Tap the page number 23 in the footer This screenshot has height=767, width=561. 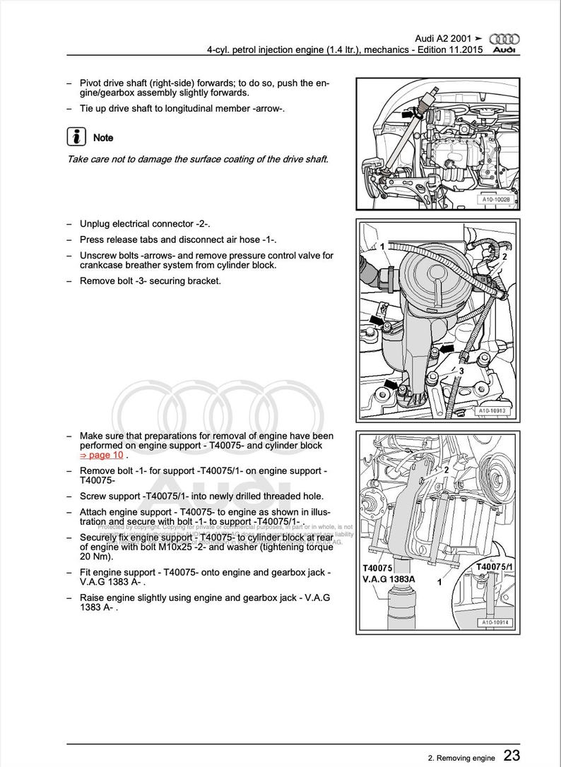[512, 756]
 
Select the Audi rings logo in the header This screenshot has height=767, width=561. [504, 40]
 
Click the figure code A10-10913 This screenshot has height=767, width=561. [492, 410]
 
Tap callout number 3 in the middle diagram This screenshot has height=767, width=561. [461, 370]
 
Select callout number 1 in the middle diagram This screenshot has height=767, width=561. [382, 246]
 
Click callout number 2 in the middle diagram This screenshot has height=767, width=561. [504, 258]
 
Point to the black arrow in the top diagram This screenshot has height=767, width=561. [408, 112]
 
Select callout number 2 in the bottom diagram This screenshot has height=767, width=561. [446, 468]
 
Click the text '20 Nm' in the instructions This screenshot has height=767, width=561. [95, 557]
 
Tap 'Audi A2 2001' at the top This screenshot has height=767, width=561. [442, 38]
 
